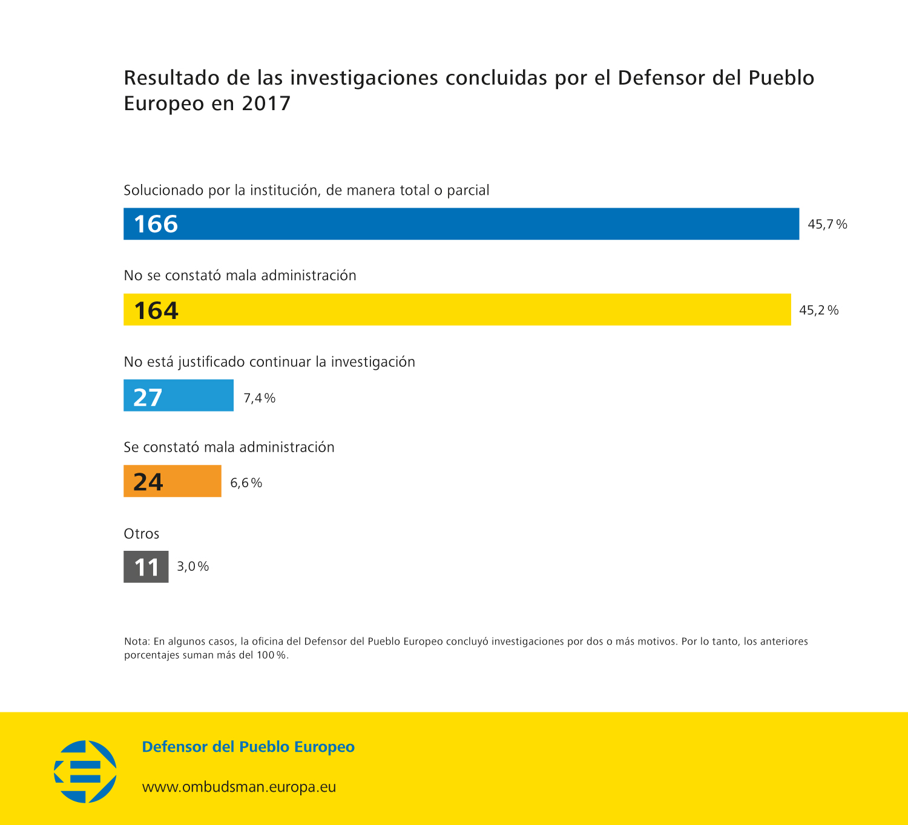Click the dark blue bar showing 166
[x=461, y=224]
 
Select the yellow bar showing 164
[x=457, y=309]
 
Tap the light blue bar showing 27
[x=179, y=395]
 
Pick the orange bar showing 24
[x=173, y=481]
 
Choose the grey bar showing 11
[x=146, y=567]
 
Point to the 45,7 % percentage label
[x=827, y=225]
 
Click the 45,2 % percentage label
[x=819, y=311]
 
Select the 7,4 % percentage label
[x=260, y=398]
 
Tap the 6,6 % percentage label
[x=246, y=483]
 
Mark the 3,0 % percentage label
[x=193, y=567]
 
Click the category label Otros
[x=142, y=534]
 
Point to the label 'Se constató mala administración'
[x=229, y=447]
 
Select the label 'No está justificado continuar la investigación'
[x=269, y=362]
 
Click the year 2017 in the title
[x=266, y=104]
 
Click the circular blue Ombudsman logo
[x=85, y=772]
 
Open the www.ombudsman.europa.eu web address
[x=239, y=787]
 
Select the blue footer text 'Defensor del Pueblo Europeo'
[x=248, y=747]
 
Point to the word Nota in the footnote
[x=136, y=642]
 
